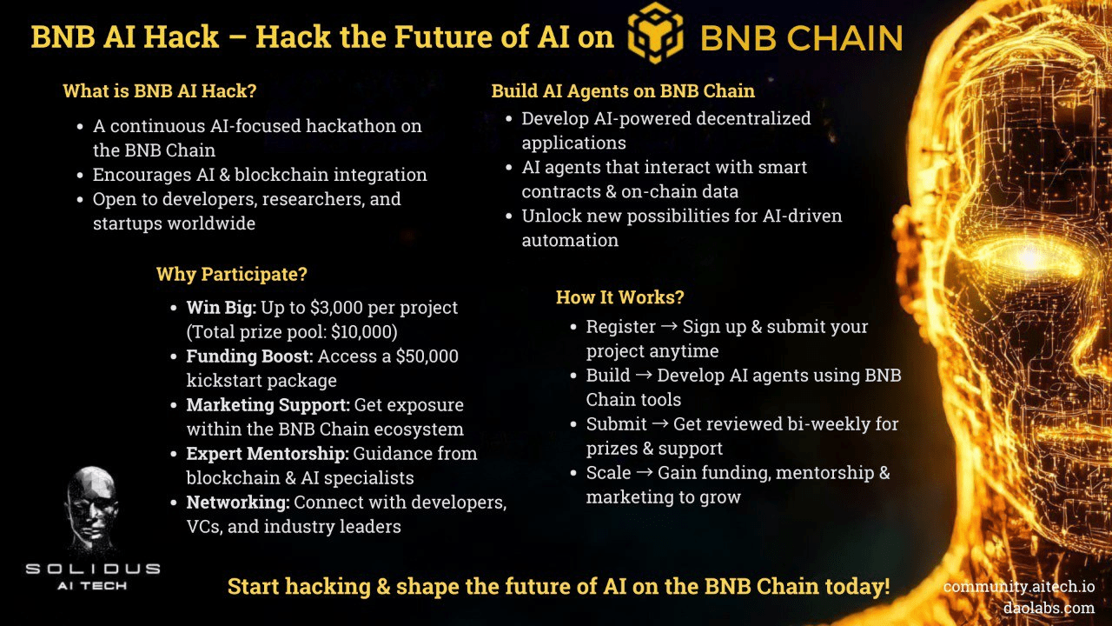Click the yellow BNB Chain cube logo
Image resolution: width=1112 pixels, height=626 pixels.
pos(655,33)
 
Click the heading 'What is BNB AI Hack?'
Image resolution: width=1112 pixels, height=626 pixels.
pos(159,91)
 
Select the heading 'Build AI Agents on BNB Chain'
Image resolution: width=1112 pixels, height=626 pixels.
pos(623,91)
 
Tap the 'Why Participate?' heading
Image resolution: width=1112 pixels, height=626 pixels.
pos(232,274)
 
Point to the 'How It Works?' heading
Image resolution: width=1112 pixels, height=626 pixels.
pos(620,297)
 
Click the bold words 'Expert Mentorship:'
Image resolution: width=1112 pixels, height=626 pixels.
pos(268,454)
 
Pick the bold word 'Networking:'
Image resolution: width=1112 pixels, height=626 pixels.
pos(238,503)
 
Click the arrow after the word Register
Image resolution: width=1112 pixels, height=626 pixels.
pos(669,326)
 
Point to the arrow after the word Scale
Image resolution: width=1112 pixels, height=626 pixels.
pos(645,472)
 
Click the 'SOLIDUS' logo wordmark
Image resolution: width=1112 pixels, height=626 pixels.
pos(93,569)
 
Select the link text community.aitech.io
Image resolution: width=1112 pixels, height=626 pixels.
pos(1019,587)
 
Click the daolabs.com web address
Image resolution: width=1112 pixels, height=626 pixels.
pos(1049,608)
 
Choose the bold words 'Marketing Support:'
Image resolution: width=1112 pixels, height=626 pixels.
pos(268,405)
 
